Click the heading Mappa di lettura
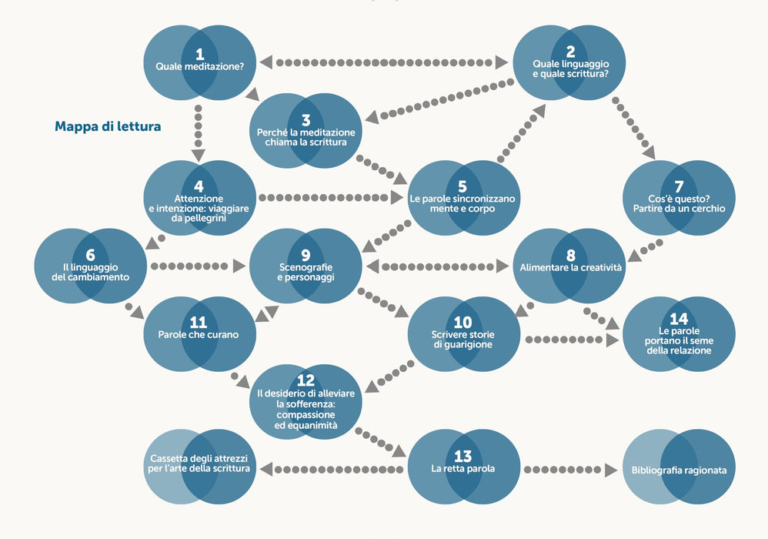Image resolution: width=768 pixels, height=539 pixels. click(108, 126)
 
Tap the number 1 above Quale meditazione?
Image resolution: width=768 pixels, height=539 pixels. click(199, 54)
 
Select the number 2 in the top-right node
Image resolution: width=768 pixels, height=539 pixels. click(570, 52)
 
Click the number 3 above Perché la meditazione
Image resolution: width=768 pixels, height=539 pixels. click(306, 120)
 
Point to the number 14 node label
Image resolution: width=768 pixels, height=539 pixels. click(679, 319)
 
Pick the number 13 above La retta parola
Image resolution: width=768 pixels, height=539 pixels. click(462, 456)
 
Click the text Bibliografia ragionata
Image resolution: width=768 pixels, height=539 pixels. click(679, 470)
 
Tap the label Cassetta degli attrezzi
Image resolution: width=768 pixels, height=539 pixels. click(199, 458)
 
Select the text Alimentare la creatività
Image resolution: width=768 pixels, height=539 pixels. click(570, 267)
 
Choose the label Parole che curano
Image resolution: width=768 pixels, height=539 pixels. click(199, 335)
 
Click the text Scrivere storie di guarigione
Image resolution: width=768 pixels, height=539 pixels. click(462, 340)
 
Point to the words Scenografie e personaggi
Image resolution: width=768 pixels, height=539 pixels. click(306, 273)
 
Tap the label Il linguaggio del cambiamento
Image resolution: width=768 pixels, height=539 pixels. click(91, 273)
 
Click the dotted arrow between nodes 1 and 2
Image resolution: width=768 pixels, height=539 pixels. click(384, 62)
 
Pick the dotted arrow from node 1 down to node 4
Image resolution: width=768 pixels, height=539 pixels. click(198, 132)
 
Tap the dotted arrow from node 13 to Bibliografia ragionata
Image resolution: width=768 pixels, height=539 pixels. click(570, 470)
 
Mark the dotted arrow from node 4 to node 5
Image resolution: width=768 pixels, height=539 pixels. click(331, 197)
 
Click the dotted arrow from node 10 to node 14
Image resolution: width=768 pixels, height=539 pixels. click(572, 340)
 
